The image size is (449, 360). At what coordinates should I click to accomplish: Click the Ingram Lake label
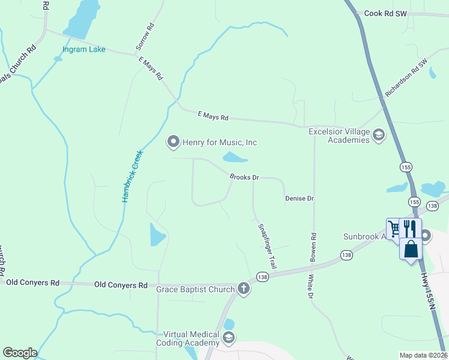pos(84,49)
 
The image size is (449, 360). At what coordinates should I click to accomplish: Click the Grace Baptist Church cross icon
pos(244,289)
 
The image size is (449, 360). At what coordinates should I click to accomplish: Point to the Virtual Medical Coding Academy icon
pos(228,338)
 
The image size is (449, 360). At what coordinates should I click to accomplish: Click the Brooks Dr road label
pos(244,178)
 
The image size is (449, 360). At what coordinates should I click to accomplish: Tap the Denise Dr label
pos(300,198)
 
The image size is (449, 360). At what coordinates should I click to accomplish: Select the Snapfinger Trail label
pos(267,245)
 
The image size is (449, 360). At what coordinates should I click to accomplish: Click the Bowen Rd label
pos(313,247)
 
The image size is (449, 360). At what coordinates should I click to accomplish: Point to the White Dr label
pos(310,287)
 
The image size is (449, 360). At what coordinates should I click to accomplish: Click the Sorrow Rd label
pos(145,37)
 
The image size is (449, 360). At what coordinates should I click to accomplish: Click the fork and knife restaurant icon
pos(409,229)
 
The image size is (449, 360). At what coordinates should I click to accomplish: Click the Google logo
pos(20,353)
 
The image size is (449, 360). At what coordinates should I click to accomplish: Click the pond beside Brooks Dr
pos(235,158)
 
